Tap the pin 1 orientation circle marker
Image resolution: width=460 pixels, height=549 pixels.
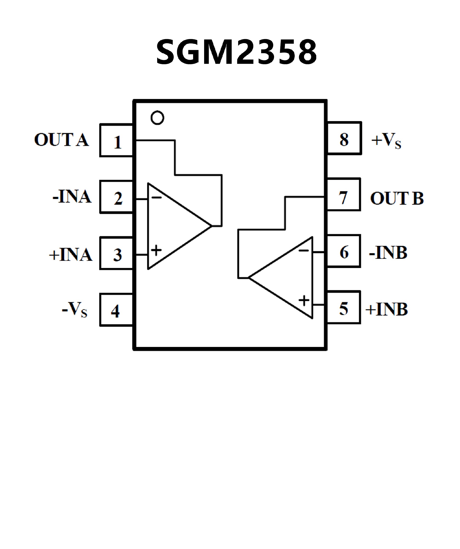tap(157, 118)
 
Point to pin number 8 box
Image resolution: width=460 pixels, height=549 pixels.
tap(344, 138)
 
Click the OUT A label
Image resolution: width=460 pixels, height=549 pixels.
tap(62, 140)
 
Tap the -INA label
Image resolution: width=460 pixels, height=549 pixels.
tap(72, 197)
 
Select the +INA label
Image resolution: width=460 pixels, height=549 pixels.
tap(71, 254)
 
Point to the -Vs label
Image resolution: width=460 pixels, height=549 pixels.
tap(75, 310)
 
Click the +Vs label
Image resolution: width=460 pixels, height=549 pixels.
tap(386, 140)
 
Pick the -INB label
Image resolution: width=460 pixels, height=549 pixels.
tap(388, 253)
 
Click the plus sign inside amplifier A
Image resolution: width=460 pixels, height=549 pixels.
tap(156, 250)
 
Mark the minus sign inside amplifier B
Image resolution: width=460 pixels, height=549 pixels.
tap(304, 251)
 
